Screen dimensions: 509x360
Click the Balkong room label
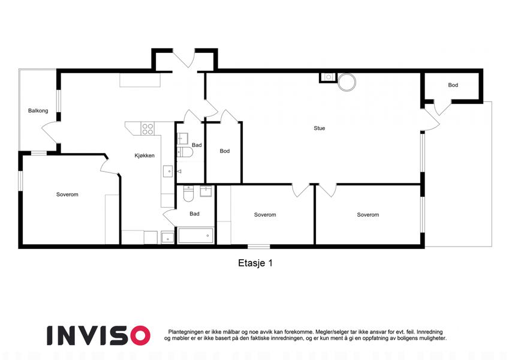coord(38,111)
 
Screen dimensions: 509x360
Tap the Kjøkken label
coord(144,155)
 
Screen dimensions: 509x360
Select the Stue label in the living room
coord(320,128)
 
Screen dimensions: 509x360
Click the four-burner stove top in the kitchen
coord(147,128)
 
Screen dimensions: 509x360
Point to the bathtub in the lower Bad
coord(195,236)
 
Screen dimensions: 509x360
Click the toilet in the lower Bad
coord(188,193)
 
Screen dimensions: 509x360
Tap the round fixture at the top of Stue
coord(347,82)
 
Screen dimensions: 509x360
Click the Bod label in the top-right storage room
coord(453,85)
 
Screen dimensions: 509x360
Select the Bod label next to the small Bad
coord(225,151)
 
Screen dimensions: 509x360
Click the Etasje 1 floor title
coord(255,263)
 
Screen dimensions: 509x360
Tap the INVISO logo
coord(98,335)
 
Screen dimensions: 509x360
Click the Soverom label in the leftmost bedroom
coord(67,194)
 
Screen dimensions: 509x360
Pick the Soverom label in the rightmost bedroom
coord(368,215)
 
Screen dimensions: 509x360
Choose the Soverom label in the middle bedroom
coord(265,215)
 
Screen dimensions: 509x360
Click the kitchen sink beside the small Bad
coord(168,171)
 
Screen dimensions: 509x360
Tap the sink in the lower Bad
coord(206,191)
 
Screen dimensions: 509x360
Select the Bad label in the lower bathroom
coord(194,214)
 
